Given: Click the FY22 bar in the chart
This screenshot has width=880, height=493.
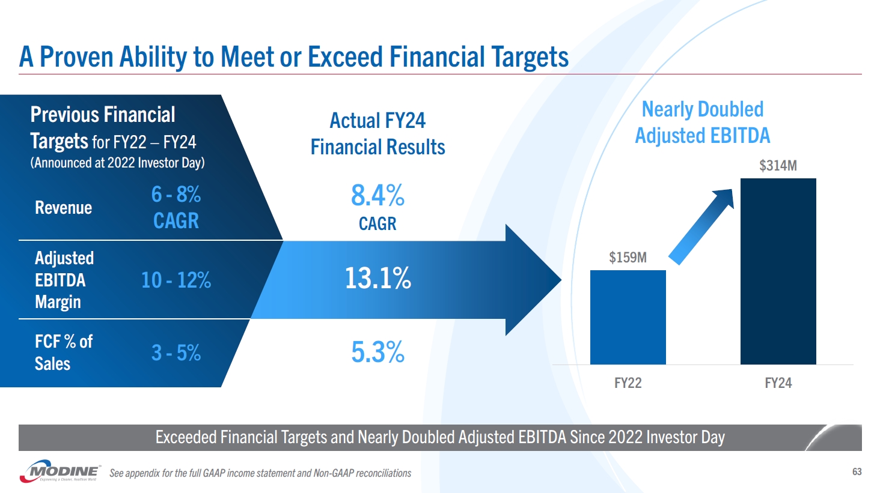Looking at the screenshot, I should click(x=628, y=317).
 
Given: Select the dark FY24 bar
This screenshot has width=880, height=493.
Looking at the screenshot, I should click(x=778, y=271).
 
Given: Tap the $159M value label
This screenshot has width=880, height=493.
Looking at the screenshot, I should click(x=628, y=258).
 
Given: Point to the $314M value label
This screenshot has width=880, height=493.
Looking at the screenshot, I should click(x=778, y=166).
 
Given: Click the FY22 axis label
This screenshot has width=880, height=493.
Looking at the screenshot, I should click(x=628, y=383).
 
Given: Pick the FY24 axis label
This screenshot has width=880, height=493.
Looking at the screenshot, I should click(x=778, y=383).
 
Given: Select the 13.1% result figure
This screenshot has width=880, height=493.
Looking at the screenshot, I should click(x=377, y=279).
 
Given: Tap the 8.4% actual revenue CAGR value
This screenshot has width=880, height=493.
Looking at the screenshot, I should click(x=377, y=196).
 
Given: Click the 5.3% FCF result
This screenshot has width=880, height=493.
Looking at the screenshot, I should click(x=377, y=352).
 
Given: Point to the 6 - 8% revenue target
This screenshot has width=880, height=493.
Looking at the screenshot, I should click(x=176, y=195).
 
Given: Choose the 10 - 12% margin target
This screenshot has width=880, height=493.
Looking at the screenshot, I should click(x=176, y=280).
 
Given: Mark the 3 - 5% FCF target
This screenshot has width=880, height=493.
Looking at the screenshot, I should click(x=176, y=352).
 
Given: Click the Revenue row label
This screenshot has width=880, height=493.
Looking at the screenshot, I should click(x=63, y=208).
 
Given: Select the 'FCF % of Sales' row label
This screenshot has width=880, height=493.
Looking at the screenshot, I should click(x=63, y=352).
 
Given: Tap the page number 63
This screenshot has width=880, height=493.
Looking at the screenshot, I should click(x=857, y=472).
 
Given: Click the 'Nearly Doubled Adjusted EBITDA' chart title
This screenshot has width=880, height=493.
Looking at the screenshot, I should click(x=702, y=122).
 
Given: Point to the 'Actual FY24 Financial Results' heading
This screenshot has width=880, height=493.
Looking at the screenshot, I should click(x=377, y=134).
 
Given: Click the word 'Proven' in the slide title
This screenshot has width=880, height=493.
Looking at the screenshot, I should click(x=76, y=57).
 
